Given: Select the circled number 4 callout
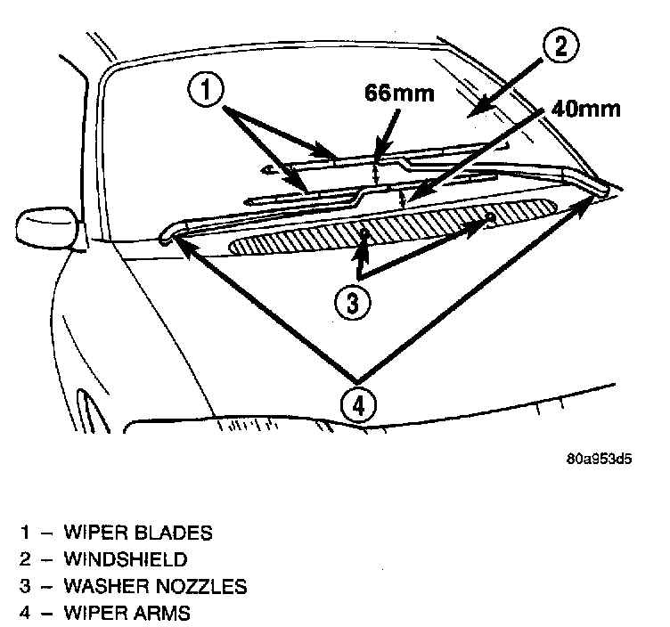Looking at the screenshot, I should [x=358, y=405].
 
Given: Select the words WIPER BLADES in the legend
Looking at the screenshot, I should [x=138, y=533].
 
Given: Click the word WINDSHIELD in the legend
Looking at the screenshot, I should [x=126, y=560].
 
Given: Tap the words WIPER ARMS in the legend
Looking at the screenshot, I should [x=127, y=613].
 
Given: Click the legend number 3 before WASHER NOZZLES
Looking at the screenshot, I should [x=27, y=587].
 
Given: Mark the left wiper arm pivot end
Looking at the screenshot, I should [x=167, y=239].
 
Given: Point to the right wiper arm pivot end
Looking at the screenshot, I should [x=602, y=190].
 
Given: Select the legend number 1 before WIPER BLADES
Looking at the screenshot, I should [x=27, y=533].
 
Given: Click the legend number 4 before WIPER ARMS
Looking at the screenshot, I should [x=27, y=613].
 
